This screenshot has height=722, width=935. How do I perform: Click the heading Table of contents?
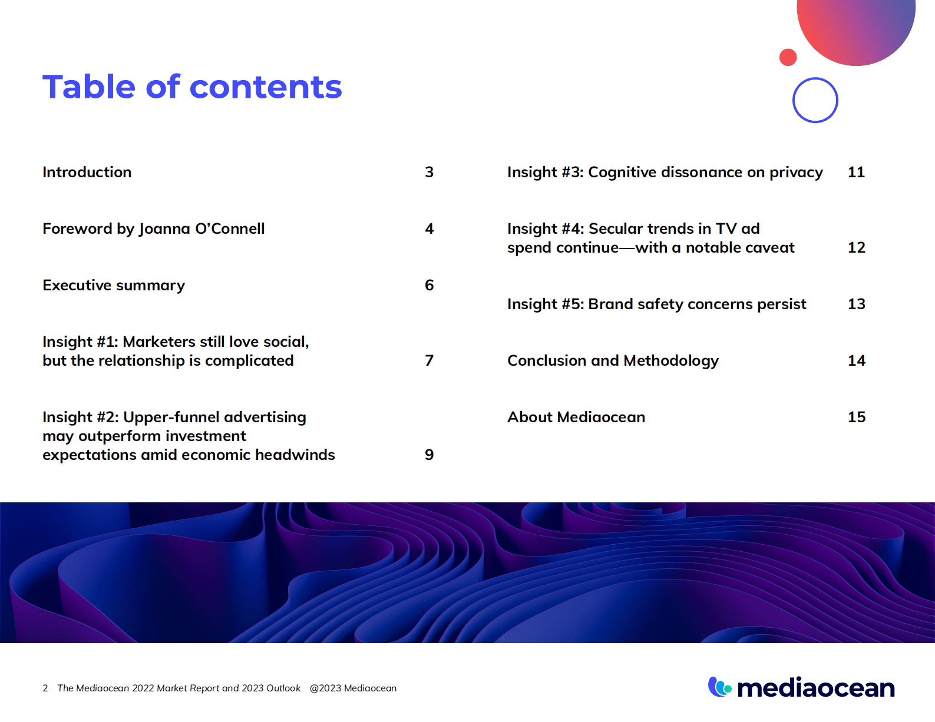pos(192,87)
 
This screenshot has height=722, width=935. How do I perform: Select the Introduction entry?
pos(87,173)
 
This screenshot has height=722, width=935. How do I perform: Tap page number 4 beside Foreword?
pos(429,229)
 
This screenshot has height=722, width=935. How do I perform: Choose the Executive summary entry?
pos(114,286)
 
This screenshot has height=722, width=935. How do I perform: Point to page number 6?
pos(429,286)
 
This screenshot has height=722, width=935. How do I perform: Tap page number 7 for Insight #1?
pos(429,361)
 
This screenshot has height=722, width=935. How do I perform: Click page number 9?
pos(429,455)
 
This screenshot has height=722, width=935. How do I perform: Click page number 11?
pos(856,173)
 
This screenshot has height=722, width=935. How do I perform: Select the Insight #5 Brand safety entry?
pos(656,304)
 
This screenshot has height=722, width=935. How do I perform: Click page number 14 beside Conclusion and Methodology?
pos(857,361)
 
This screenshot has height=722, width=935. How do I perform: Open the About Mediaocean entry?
pos(576,418)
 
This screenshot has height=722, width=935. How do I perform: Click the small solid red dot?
pos(788,57)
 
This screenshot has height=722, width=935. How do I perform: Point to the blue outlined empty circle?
pos(815,100)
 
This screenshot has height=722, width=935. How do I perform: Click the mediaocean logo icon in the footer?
pos(719,687)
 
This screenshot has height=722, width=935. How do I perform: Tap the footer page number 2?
pos(45,688)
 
